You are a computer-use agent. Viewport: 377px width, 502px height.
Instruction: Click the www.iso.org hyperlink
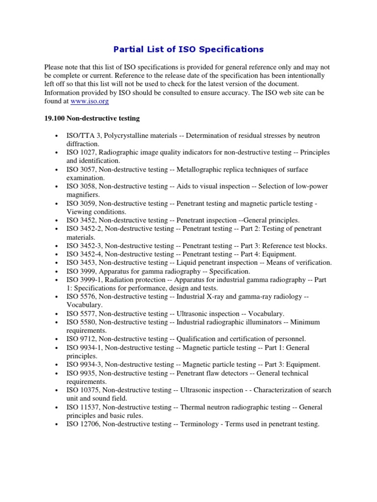tap(89, 101)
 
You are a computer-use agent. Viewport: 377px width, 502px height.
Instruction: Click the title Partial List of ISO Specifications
tap(188, 49)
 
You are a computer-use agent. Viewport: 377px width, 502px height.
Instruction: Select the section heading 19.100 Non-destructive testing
tap(92, 118)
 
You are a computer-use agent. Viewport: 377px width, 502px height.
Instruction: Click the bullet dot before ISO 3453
tap(57, 263)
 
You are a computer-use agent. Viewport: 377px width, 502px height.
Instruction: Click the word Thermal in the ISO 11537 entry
tap(191, 407)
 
